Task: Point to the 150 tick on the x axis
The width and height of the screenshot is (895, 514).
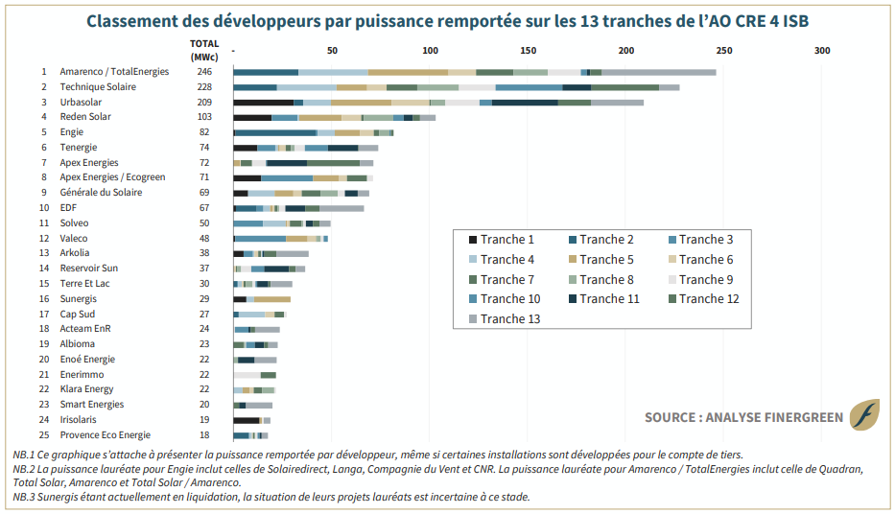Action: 528,51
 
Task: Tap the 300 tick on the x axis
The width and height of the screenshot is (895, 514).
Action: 822,51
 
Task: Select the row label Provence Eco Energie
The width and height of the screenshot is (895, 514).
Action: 105,435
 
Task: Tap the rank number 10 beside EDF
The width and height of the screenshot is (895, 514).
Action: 44,208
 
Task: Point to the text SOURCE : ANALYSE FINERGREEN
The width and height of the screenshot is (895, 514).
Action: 743,417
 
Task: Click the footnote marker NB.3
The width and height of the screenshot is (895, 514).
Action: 23,497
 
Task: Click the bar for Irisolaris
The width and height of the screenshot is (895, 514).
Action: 251,420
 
